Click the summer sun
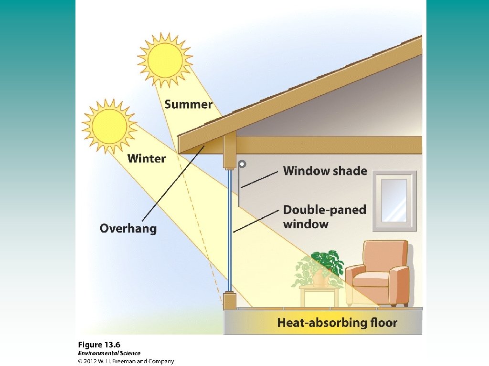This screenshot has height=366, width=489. coord(165,59)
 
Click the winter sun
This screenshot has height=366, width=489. coord(109,126)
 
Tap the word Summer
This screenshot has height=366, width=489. coord(188,104)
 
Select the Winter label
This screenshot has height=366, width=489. coord(146,159)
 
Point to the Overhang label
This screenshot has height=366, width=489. coord(128,228)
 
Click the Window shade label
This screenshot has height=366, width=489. coord(325,171)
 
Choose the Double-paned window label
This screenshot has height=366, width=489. coord(325,216)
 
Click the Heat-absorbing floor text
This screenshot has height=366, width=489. coord(337,323)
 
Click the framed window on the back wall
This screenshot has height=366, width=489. coord(394,200)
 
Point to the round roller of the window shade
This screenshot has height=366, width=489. coord(243,164)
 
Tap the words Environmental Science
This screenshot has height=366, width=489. coord(109,353)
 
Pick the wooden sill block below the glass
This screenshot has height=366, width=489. coord(230,300)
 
